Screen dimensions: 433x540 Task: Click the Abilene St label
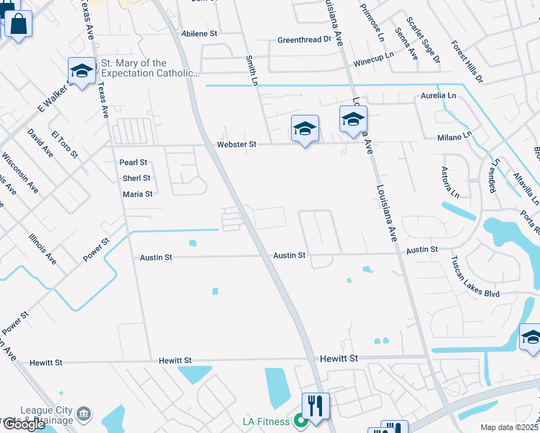(199, 34)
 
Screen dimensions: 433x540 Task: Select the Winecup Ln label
(374, 64)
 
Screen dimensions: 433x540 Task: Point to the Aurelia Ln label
(438, 95)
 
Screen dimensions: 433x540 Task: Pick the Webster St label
(237, 144)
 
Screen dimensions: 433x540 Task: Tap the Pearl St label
(134, 163)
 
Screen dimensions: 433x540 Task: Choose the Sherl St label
(136, 178)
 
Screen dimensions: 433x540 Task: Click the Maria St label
(137, 194)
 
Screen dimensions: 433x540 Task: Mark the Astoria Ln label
(450, 182)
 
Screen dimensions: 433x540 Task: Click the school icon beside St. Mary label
(82, 71)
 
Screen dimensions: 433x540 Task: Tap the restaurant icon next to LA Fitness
(315, 406)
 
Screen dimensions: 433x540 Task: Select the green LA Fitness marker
(299, 421)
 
